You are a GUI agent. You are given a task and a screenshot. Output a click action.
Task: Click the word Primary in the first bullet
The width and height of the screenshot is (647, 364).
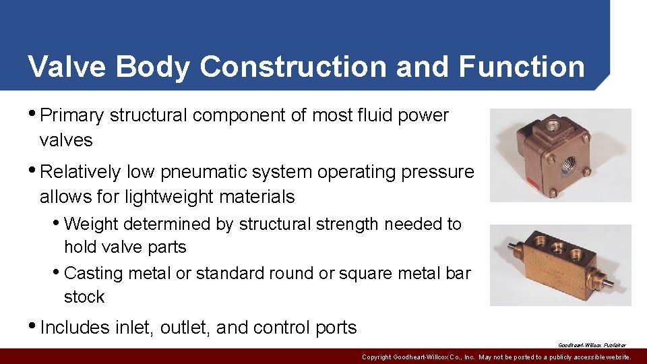click(72, 116)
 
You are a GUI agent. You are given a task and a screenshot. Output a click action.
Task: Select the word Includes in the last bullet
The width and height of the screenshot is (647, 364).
click(74, 328)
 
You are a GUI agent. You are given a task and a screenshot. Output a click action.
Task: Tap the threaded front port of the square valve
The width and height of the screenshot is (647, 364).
click(569, 162)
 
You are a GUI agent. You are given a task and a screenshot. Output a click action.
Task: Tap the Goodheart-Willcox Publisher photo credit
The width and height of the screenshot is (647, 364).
click(592, 344)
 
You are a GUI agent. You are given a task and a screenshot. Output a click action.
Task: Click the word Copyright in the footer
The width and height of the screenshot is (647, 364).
click(375, 357)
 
